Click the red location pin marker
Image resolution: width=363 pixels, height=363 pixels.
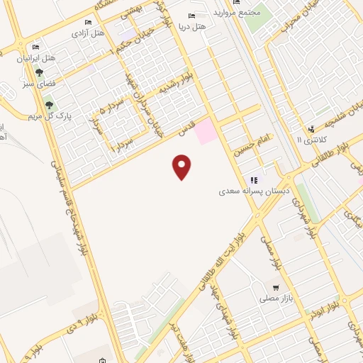coord(182,167)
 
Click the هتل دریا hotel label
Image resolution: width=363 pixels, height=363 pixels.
coord(211,26)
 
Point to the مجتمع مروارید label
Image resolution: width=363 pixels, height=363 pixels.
coord(245,13)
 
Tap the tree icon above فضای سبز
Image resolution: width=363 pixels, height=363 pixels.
coord(39,72)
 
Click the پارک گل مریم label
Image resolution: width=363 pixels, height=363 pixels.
coord(29,115)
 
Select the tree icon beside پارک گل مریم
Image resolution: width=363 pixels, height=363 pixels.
coord(49,106)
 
